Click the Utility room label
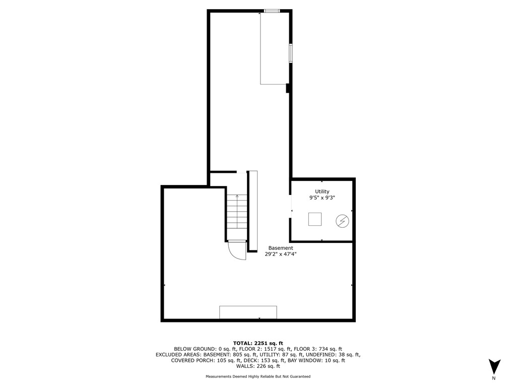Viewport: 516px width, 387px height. (322, 191)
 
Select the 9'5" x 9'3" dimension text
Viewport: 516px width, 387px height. (322, 198)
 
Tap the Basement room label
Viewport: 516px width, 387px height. (280, 248)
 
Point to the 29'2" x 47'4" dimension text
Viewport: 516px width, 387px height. (280, 254)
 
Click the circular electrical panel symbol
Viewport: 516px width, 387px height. (342, 220)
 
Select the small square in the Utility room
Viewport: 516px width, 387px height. (315, 219)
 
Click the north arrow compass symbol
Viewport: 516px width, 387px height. (494, 366)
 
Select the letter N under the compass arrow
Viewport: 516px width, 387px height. (494, 378)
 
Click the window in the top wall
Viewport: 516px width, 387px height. (272, 11)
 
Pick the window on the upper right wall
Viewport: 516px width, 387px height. (290, 53)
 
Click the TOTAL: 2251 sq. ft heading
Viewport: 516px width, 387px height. (257, 342)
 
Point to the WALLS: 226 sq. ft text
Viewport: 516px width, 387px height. (257, 367)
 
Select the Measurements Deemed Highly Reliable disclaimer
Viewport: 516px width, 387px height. (257, 376)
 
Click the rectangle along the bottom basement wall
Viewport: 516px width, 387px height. (248, 312)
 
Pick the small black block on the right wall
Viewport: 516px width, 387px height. (287, 88)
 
